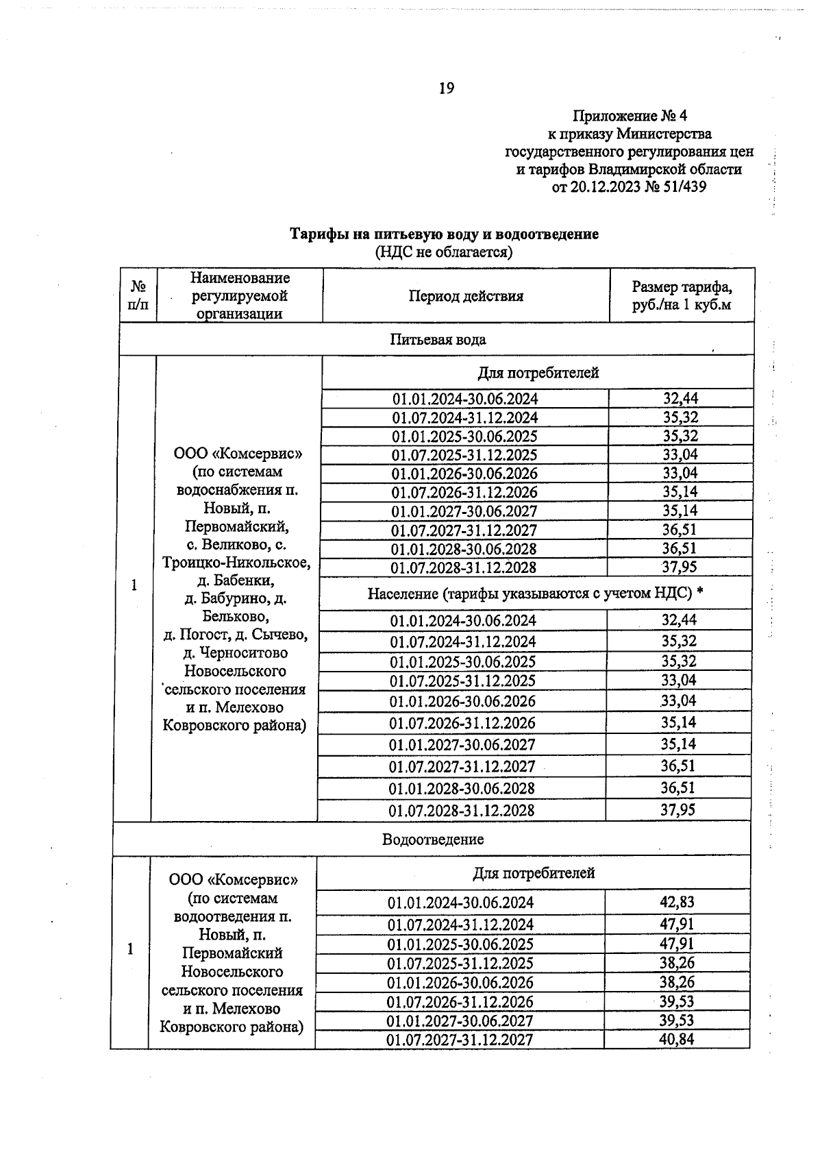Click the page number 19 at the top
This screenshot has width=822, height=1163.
[446, 88]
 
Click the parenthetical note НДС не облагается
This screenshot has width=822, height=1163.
[444, 252]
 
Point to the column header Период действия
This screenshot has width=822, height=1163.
[466, 296]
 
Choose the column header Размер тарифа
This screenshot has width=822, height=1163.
[682, 287]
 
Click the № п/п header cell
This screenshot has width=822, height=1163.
[138, 295]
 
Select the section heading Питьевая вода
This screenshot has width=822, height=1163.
[438, 340]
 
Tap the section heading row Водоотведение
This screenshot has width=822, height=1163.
[433, 840]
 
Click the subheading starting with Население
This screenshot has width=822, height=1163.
[535, 593]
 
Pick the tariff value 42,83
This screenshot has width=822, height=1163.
[677, 903]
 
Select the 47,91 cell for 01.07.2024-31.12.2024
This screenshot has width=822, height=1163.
[677, 925]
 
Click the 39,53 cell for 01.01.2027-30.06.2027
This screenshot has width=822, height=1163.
[677, 1020]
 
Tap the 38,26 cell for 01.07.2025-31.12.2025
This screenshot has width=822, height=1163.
[677, 963]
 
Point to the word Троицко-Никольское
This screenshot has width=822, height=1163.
[236, 563]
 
